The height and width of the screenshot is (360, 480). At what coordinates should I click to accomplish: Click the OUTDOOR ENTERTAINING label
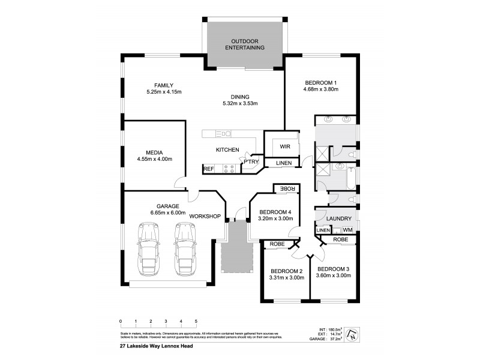click(244, 44)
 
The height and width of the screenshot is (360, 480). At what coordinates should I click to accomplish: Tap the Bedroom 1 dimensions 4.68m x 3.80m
click(321, 90)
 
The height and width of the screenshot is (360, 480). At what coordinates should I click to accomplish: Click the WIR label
click(284, 146)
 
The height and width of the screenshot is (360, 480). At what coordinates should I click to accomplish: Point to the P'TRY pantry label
click(251, 161)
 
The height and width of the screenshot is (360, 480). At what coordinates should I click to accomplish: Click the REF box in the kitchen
click(208, 169)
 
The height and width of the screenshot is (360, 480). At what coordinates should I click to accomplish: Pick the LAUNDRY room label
click(339, 218)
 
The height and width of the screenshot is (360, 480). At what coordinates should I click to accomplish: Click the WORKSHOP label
click(206, 216)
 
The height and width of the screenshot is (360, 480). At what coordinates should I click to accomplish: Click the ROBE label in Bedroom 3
click(340, 239)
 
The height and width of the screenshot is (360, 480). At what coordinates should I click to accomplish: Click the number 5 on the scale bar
click(196, 322)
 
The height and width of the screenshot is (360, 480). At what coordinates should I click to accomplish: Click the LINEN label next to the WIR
click(284, 163)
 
